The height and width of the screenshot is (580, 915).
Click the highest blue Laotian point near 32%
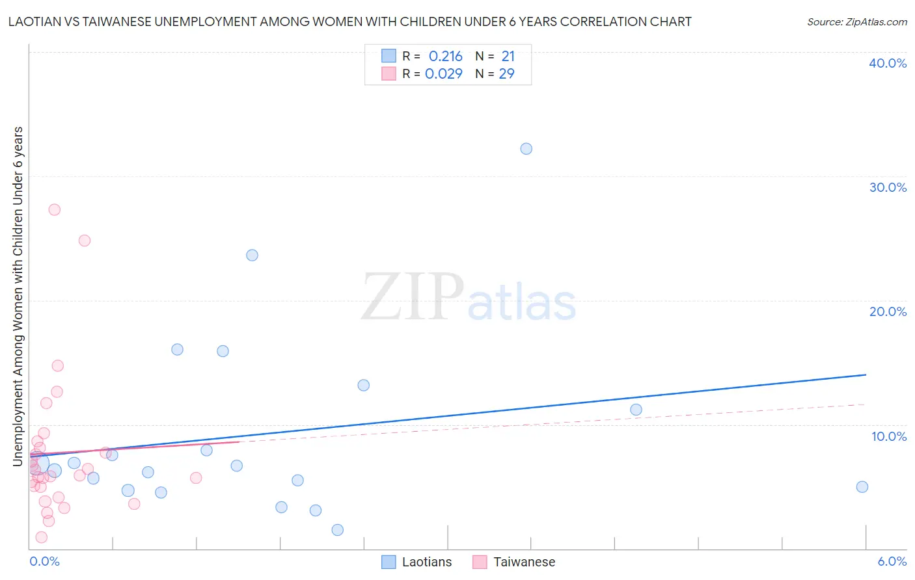pyautogui.click(x=526, y=149)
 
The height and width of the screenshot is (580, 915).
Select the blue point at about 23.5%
pyautogui.click(x=252, y=255)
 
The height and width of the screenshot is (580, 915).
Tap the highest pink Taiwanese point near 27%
pyautogui.click(x=55, y=209)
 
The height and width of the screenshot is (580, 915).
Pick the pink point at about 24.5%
pyautogui.click(x=84, y=241)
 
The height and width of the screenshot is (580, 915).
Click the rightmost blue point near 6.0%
pyautogui.click(x=862, y=487)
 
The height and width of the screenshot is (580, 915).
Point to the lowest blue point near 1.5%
pyautogui.click(x=337, y=530)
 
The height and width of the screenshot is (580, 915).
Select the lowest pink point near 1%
pyautogui.click(x=41, y=537)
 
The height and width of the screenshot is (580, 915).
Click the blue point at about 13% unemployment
pyautogui.click(x=364, y=385)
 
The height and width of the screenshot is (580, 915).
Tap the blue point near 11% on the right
pyautogui.click(x=636, y=410)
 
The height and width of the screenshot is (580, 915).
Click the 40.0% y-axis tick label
pyautogui.click(x=888, y=63)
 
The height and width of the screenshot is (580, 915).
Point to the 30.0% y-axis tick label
pyautogui.click(x=888, y=187)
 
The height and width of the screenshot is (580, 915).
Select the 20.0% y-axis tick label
pyautogui.click(x=888, y=311)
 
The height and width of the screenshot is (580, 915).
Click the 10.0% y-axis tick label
pyautogui.click(x=889, y=436)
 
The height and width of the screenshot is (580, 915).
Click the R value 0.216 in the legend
pyautogui.click(x=445, y=57)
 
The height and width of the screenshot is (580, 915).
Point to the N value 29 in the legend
pyautogui.click(x=506, y=74)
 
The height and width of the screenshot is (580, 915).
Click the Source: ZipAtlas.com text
pyautogui.click(x=856, y=22)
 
